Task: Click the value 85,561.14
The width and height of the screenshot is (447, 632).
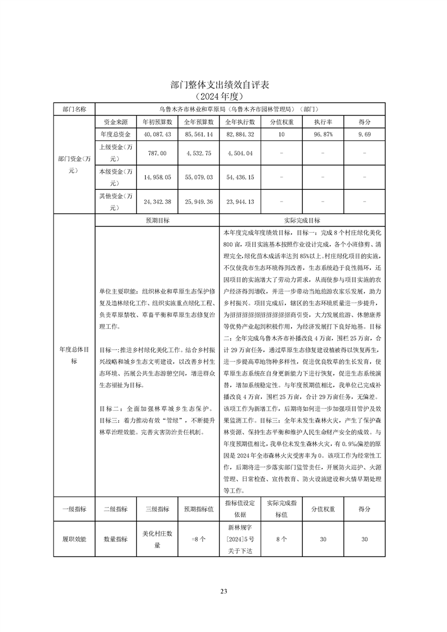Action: [x=198, y=134]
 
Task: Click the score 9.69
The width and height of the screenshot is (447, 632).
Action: [x=365, y=134]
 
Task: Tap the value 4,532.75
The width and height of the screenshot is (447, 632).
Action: [x=198, y=153]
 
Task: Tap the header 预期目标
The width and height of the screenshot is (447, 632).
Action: [x=157, y=221]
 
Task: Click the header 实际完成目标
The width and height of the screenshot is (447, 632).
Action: [x=302, y=221]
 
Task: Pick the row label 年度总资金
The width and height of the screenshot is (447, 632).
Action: [x=115, y=134]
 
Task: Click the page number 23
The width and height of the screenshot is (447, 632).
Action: [x=223, y=591]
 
